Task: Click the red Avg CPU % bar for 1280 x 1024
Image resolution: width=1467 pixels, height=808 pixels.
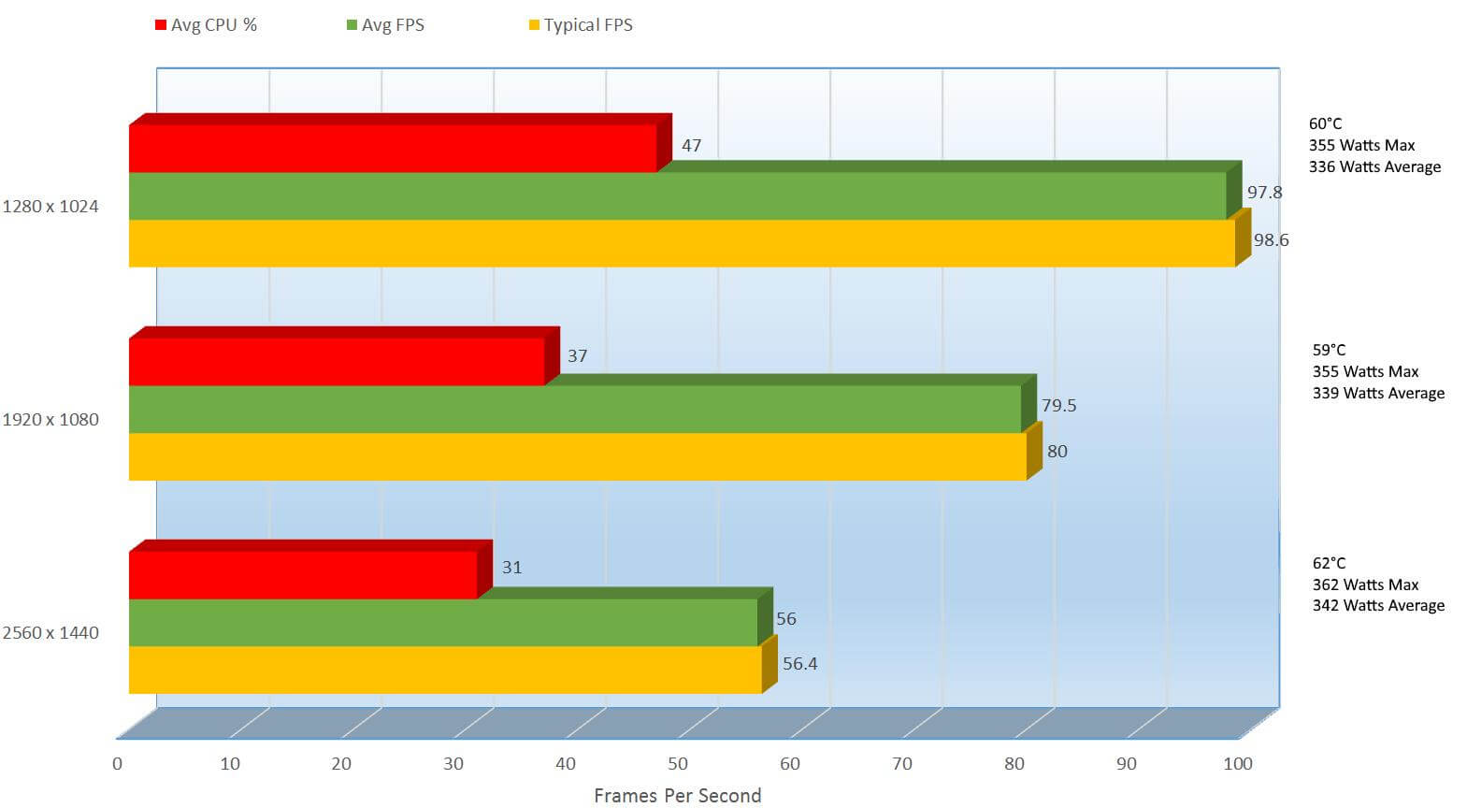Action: pos(393,149)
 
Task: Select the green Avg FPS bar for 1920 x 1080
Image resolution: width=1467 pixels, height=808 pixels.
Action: pos(574,410)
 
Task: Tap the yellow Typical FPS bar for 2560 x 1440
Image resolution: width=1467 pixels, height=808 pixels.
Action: pos(445,670)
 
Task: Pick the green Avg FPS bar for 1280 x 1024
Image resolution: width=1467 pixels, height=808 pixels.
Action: pos(677,195)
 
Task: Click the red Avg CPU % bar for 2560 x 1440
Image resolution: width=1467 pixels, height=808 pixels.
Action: pos(303,575)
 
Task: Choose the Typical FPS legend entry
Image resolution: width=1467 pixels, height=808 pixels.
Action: pos(581,25)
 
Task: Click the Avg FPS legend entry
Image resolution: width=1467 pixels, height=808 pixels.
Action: pos(385,25)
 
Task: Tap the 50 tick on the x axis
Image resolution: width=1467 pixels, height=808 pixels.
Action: pos(678,764)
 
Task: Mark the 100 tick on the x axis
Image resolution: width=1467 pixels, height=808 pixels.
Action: pos(1238,764)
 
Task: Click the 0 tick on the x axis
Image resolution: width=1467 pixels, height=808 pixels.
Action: pos(117,764)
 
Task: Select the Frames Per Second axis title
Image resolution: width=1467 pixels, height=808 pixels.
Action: pos(677,796)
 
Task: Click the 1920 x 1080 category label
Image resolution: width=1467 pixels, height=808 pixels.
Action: pos(50,420)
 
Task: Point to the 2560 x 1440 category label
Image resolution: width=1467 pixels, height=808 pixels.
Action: pos(50,633)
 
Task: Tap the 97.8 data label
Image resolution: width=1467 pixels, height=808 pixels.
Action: pos(1264,193)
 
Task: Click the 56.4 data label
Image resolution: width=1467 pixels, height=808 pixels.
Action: pos(799,664)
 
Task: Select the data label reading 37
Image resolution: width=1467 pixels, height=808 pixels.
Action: pos(577,356)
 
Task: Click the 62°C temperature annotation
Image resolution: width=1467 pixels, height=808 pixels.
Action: pos(1329,563)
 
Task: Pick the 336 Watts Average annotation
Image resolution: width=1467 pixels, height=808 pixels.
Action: pos(1374,167)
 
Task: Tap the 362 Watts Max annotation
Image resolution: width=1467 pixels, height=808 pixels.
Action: pos(1365,584)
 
